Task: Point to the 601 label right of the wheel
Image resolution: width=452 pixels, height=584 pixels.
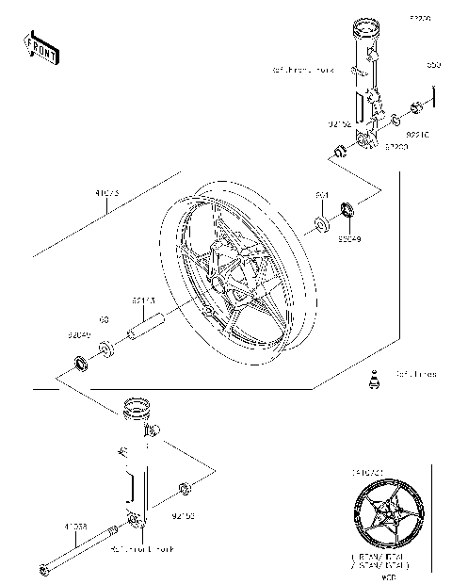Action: [x=322, y=194]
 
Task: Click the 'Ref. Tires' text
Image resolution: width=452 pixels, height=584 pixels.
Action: [x=415, y=374]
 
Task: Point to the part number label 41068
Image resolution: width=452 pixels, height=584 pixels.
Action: [x=78, y=525]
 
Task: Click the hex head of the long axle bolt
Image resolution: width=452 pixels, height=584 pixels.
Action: [x=43, y=569]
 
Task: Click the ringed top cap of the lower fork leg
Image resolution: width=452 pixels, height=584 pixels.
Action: [x=137, y=407]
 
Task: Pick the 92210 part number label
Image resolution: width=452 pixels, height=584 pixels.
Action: [x=417, y=135]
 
